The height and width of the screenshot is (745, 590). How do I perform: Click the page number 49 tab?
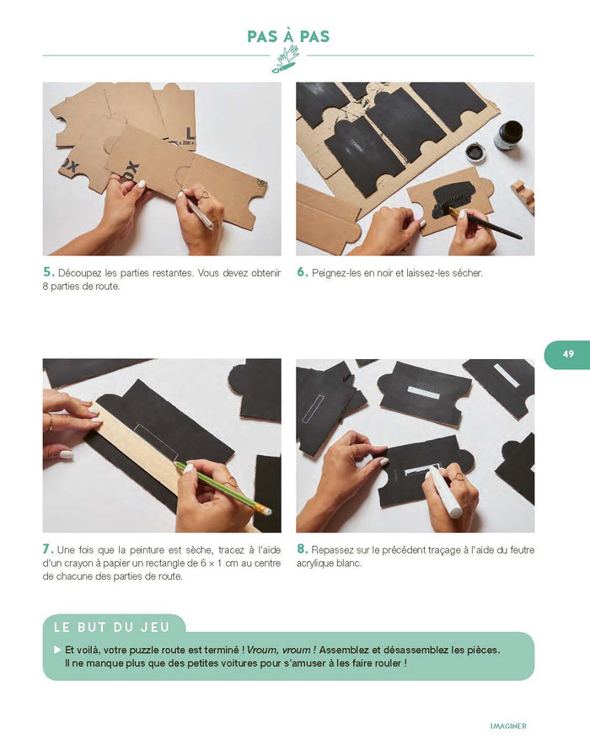567,355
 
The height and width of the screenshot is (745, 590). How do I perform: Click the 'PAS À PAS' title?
288,36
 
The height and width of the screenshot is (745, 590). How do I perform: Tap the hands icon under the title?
287,59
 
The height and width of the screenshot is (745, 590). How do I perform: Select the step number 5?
48,272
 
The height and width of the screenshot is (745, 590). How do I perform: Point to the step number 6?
302,272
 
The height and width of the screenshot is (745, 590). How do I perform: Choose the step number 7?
48,549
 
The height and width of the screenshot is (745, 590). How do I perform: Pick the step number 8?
302,549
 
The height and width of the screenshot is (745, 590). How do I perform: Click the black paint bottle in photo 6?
507,136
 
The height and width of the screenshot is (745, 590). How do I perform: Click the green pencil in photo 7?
223,489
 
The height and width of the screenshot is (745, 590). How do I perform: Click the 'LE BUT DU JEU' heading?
111,627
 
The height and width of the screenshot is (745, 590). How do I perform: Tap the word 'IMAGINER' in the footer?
507,726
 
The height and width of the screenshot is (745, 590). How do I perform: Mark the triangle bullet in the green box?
57,650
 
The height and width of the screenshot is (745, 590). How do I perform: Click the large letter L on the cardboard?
190,132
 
